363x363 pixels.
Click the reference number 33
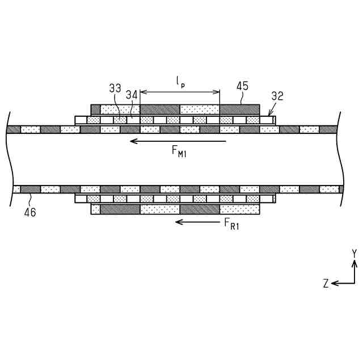[115, 88]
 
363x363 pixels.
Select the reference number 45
[242, 86]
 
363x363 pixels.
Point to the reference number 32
[277, 96]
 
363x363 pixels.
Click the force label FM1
[180, 152]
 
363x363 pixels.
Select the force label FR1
[229, 224]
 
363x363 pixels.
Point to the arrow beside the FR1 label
[196, 221]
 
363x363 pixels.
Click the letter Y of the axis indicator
[354, 253]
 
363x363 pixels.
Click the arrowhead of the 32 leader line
[269, 116]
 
